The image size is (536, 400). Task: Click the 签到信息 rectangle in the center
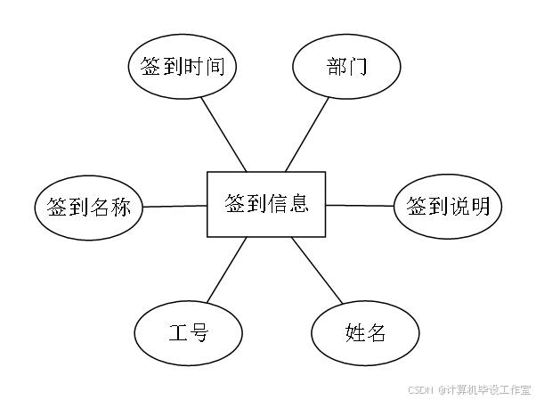pos(266,204)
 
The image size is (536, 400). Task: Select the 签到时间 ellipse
pos(187,67)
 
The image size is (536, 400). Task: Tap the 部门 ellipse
pos(346,67)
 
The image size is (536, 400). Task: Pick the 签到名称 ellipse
pos(88,208)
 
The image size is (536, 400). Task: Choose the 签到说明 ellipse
pos(448,208)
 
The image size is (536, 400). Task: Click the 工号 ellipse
pos(188,334)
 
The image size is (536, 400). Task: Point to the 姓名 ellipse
pos(365,334)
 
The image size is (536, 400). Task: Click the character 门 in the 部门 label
pos(358,67)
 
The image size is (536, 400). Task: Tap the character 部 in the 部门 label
pos(336,67)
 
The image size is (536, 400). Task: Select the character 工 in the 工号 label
pos(176,334)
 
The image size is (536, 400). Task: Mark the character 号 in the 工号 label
pos(199,334)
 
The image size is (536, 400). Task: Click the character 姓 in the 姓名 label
pos(354,334)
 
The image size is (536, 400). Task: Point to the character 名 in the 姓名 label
pos(377,334)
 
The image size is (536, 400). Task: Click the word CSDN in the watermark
pos(419,389)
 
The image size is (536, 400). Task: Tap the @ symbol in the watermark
pos(440,389)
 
